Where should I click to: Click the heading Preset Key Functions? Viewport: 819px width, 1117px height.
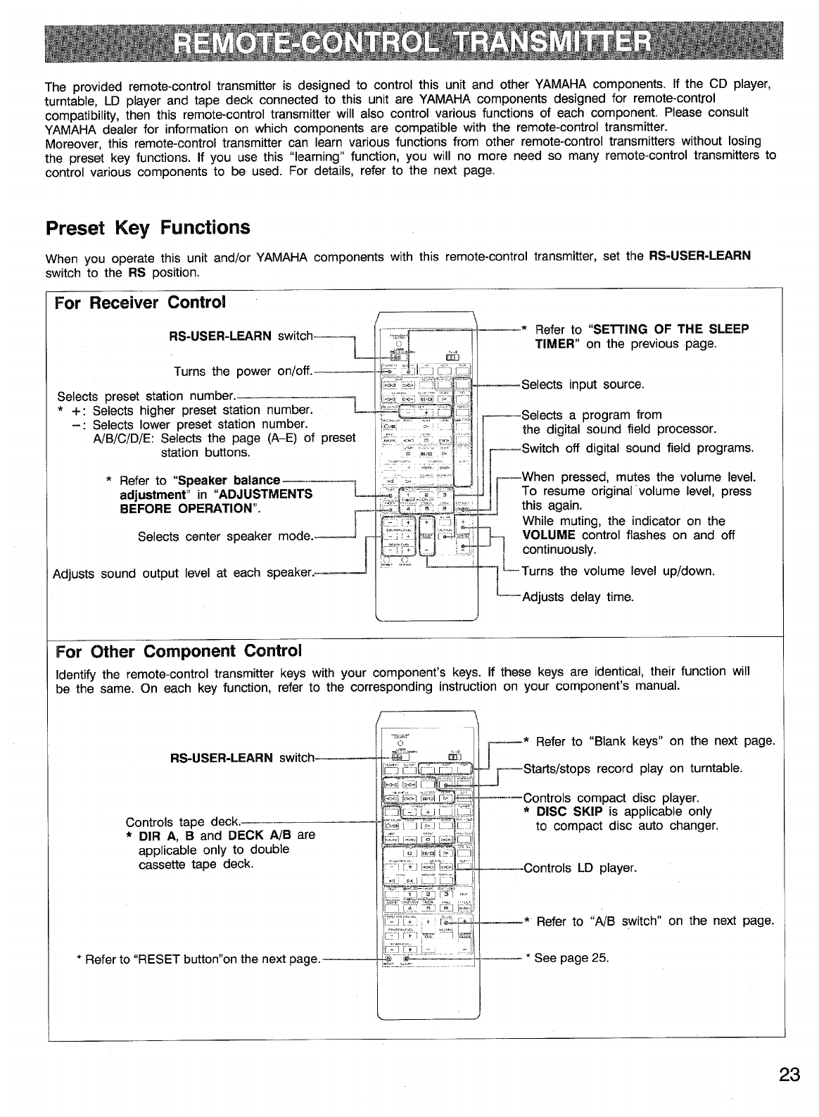[148, 228]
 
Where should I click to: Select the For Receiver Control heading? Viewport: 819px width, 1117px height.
[141, 303]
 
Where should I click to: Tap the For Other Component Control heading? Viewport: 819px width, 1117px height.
[179, 649]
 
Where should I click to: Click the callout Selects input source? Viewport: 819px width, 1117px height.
[583, 385]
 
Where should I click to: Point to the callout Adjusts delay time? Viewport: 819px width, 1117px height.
[578, 597]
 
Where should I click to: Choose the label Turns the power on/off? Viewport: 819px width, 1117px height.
[243, 371]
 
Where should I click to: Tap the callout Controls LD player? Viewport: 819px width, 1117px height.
[580, 868]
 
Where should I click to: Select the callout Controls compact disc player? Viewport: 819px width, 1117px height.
[611, 798]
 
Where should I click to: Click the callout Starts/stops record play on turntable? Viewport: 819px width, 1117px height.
[633, 768]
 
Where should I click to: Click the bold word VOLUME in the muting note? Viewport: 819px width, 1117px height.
[549, 535]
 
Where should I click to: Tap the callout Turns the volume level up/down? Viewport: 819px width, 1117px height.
[618, 571]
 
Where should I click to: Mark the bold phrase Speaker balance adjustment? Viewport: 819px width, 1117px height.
[201, 487]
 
